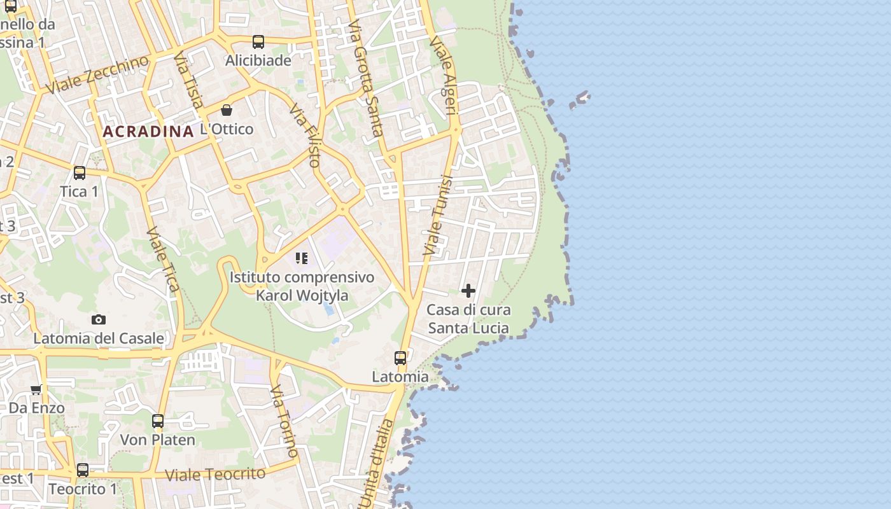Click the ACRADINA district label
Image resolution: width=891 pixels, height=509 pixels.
click(148, 132)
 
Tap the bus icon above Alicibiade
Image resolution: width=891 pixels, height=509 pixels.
click(258, 42)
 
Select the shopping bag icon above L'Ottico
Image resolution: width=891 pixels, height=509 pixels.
click(226, 110)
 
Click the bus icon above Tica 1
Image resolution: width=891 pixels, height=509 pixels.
click(80, 173)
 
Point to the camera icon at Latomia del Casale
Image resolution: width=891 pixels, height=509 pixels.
click(98, 319)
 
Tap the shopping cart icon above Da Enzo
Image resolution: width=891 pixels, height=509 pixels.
click(36, 389)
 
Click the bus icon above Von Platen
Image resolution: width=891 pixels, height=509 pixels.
click(157, 421)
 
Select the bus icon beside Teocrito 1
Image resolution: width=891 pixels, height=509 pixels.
click(83, 470)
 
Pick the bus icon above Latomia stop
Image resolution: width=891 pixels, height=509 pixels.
click(400, 358)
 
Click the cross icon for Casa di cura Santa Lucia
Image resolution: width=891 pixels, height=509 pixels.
click(468, 291)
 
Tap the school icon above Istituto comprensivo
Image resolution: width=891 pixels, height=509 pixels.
click(302, 258)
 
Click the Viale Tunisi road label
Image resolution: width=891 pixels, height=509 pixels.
click(438, 216)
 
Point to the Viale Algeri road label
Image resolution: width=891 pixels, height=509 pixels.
click(444, 75)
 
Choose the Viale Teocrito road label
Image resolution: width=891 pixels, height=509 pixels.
click(214, 475)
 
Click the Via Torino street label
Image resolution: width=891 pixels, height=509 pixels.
click(284, 420)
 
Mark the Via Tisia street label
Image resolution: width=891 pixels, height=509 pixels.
click(189, 81)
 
